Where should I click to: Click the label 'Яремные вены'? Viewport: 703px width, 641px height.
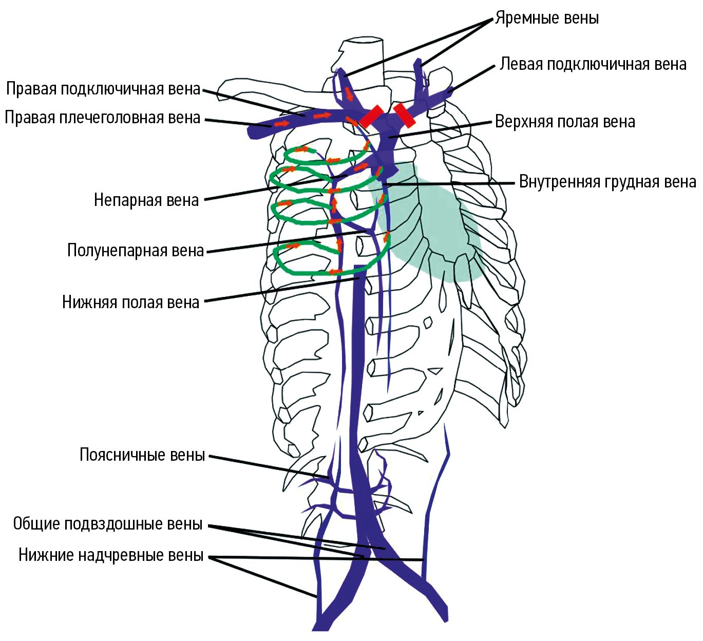(547, 18)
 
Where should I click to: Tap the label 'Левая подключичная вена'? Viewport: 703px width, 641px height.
(593, 64)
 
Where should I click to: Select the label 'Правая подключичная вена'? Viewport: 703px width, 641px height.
(103, 89)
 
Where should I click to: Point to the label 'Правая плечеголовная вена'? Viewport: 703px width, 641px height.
(103, 118)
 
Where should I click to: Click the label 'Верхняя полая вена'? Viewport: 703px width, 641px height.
(565, 122)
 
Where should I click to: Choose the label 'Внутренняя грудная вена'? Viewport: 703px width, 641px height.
(607, 182)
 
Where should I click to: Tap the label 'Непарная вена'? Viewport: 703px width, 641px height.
(146, 200)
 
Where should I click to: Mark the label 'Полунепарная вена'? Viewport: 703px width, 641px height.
(136, 251)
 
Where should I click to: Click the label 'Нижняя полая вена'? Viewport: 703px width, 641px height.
(130, 302)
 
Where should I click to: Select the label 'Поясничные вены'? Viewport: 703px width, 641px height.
(142, 455)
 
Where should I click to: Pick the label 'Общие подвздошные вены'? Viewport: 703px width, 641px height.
(108, 524)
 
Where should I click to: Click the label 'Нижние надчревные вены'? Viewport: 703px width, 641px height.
(111, 555)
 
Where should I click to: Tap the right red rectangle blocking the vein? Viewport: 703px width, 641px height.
(405, 115)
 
